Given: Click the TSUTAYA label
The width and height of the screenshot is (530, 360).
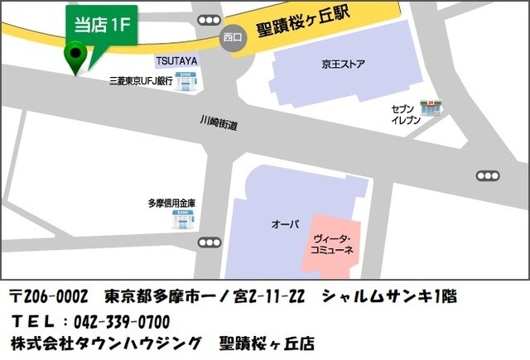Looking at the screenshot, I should (176, 61).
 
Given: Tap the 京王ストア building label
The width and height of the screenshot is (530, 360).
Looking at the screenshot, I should (344, 65).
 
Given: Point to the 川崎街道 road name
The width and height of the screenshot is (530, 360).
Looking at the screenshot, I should (219, 123).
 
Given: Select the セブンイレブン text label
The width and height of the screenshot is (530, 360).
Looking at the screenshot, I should (406, 114).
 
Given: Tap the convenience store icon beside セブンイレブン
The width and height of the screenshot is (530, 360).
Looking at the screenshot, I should (429, 107).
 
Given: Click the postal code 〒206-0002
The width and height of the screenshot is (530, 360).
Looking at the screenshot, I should (49, 296).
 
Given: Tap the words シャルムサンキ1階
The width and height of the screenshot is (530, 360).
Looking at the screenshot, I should (389, 296).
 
